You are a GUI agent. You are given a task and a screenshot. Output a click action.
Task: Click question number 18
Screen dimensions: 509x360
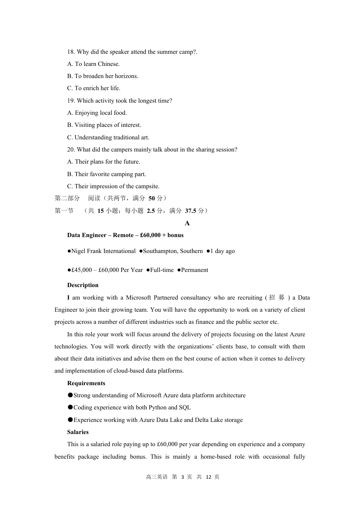(x=71, y=52)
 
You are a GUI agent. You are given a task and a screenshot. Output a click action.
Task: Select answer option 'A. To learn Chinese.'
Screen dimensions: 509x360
(x=93, y=64)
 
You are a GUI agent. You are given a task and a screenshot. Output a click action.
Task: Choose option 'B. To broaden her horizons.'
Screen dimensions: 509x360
(x=102, y=76)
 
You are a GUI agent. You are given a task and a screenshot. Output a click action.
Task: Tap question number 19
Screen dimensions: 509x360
(x=71, y=101)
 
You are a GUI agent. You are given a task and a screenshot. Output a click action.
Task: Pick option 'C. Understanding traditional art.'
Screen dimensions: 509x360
(x=108, y=137)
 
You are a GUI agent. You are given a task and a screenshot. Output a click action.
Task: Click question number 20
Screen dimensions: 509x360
(x=71, y=150)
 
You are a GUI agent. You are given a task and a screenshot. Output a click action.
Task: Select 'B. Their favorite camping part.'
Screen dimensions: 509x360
(x=106, y=174)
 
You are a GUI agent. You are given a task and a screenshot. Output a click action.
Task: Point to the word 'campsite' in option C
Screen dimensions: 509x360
(x=147, y=186)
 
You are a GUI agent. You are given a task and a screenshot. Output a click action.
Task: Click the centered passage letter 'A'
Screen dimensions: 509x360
(x=187, y=223)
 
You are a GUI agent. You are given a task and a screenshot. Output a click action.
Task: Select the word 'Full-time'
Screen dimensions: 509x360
(x=162, y=270)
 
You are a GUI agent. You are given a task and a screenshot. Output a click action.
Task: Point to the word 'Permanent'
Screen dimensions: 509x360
(x=194, y=270)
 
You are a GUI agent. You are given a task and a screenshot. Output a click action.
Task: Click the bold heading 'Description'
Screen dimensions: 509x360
(x=83, y=285)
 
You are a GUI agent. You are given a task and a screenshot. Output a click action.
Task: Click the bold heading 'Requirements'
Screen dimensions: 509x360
(x=86, y=383)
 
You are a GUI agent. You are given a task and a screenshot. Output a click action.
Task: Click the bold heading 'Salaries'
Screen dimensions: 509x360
(x=78, y=432)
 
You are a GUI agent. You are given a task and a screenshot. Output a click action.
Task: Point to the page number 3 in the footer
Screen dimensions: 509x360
(x=183, y=477)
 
